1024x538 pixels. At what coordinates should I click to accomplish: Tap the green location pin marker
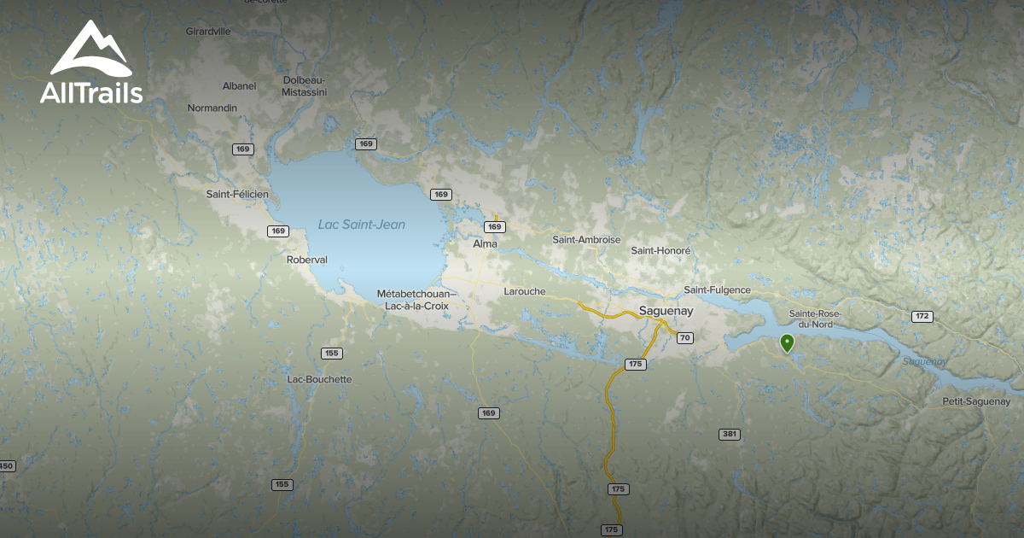tap(787, 343)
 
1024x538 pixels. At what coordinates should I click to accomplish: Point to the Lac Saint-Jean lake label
tap(361, 225)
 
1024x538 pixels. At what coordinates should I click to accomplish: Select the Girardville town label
tap(208, 32)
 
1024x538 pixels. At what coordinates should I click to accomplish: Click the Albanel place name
tap(239, 86)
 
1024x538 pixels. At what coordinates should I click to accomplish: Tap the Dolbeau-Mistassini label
tap(303, 85)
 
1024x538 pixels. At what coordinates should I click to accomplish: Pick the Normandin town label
tap(212, 108)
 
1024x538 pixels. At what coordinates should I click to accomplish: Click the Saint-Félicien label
tap(237, 195)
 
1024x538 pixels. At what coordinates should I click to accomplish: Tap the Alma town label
tap(485, 244)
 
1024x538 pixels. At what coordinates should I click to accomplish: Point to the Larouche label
tap(525, 291)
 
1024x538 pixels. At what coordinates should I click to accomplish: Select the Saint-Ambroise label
tap(586, 240)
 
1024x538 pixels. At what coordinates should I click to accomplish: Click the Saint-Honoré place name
tap(660, 251)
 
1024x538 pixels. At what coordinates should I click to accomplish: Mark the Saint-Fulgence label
tap(717, 290)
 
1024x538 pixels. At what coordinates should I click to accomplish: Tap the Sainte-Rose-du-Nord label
tap(815, 319)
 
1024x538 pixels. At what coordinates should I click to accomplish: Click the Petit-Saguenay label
tap(976, 401)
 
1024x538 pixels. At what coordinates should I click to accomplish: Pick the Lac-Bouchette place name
tap(319, 379)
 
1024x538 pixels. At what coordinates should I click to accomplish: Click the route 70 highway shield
tap(684, 338)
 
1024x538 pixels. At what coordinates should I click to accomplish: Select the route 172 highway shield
tap(922, 317)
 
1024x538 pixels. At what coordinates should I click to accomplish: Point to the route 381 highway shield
tap(729, 435)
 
